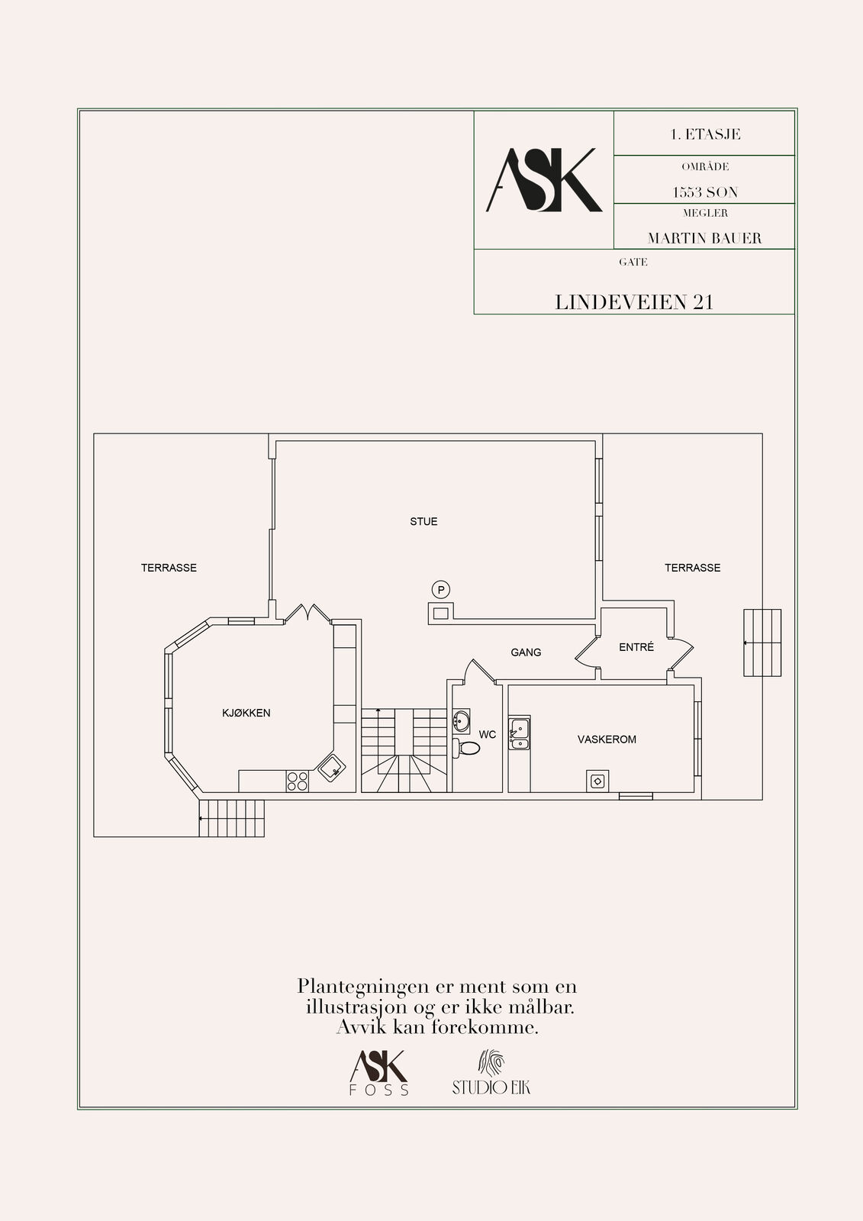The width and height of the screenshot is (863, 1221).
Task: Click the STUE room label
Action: [423, 522]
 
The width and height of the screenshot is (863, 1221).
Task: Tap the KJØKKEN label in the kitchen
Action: [246, 713]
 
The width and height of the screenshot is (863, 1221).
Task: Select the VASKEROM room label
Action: [607, 739]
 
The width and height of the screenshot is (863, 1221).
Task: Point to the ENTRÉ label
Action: [636, 647]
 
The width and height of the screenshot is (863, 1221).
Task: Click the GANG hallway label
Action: [526, 652]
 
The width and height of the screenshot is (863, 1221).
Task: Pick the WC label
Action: [488, 735]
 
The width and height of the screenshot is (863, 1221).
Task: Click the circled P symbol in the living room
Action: [440, 589]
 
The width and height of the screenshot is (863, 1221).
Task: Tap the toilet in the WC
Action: [467, 748]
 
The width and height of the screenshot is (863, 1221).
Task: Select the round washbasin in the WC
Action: [461, 722]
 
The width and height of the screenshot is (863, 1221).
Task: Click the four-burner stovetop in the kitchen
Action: [297, 781]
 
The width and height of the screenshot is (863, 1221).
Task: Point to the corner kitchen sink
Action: [331, 768]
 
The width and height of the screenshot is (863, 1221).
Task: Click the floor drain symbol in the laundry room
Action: [597, 781]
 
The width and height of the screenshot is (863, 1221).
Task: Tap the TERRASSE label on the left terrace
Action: [169, 568]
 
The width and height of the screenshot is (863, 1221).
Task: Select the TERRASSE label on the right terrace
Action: [692, 568]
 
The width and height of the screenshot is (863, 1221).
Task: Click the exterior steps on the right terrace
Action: [762, 643]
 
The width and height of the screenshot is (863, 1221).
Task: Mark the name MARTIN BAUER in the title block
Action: [704, 238]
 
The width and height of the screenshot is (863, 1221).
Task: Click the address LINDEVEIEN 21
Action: [634, 302]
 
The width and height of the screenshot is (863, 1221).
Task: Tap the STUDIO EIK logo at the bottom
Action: [491, 1072]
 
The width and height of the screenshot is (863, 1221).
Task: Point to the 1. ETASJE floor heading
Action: [705, 134]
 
